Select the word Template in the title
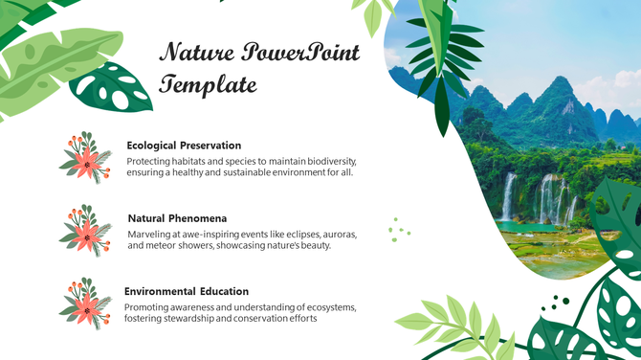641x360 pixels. pos(208,85)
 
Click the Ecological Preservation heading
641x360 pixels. pos(184,146)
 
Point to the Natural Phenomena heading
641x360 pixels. pos(177,218)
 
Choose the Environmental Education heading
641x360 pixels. pos(187,291)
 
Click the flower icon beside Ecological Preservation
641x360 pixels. pos(85,158)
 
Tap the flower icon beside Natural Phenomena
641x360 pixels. pos(85,230)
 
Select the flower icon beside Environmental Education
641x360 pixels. pos(85,302)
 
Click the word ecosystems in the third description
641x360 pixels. pos(327,306)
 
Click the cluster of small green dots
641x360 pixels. pos(398,229)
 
